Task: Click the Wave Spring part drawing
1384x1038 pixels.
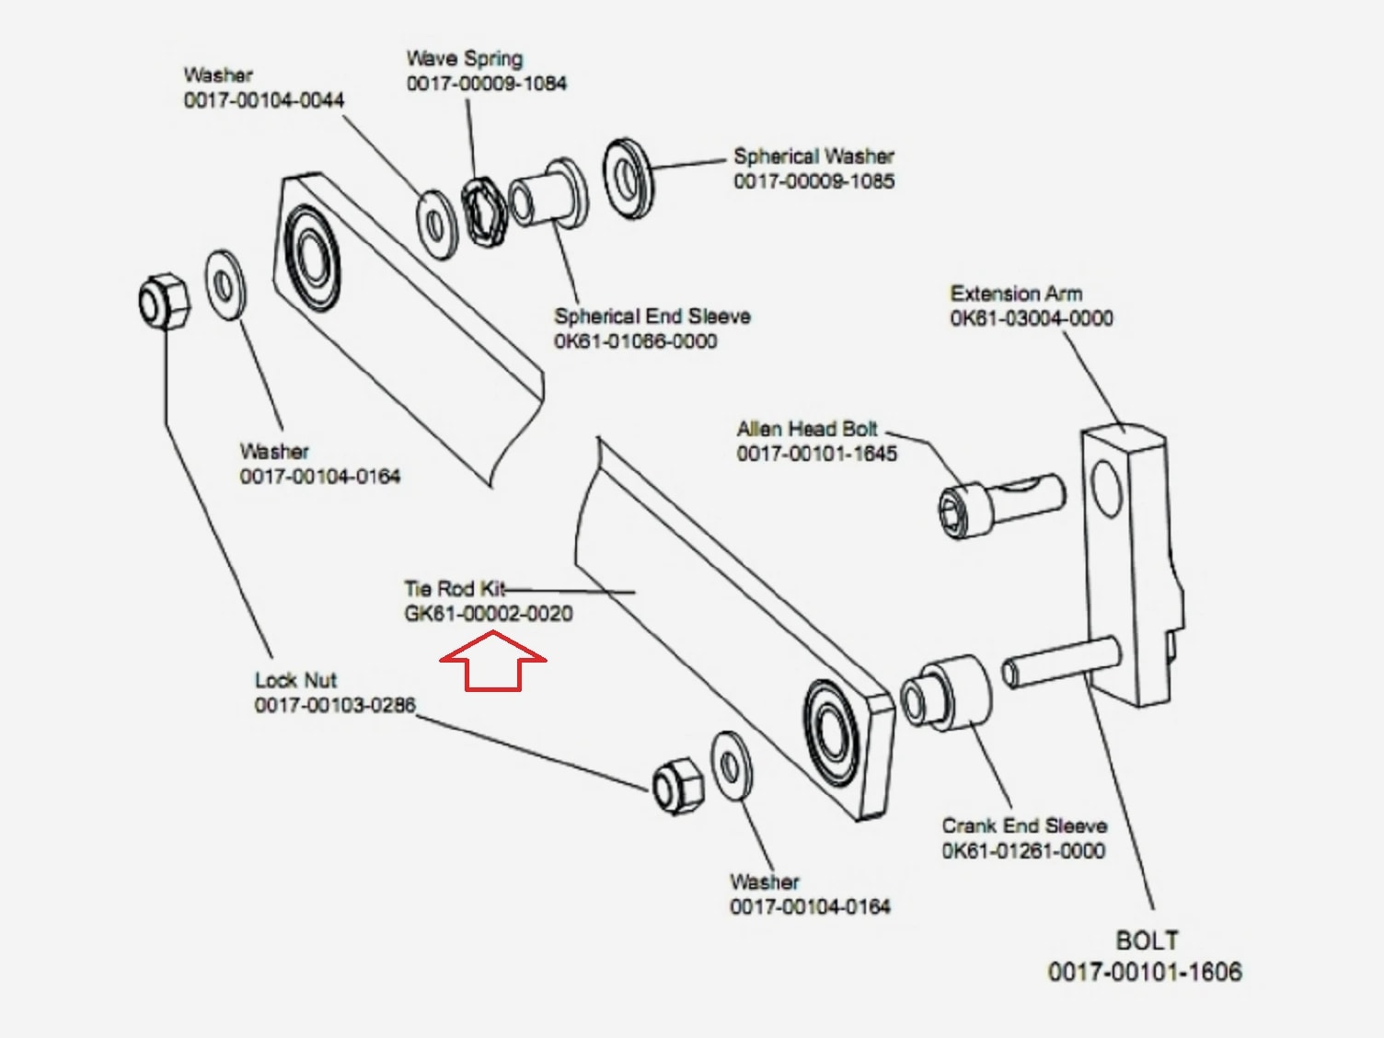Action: pos(485,211)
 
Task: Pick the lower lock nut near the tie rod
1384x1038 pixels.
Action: pos(677,787)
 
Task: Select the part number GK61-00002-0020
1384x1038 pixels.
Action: pos(489,614)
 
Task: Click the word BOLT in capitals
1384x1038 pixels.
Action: pos(1147,940)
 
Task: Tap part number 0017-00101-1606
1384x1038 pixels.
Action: pos(1145,972)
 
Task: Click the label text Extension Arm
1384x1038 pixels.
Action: pos(1016,294)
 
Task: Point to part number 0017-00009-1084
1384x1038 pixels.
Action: pos(487,84)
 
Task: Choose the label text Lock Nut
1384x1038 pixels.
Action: pos(295,680)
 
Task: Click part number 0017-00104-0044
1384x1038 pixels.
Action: pos(264,99)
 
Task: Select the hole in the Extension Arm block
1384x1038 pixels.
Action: pos(1106,488)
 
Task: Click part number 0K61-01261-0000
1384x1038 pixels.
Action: pos(1023,851)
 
